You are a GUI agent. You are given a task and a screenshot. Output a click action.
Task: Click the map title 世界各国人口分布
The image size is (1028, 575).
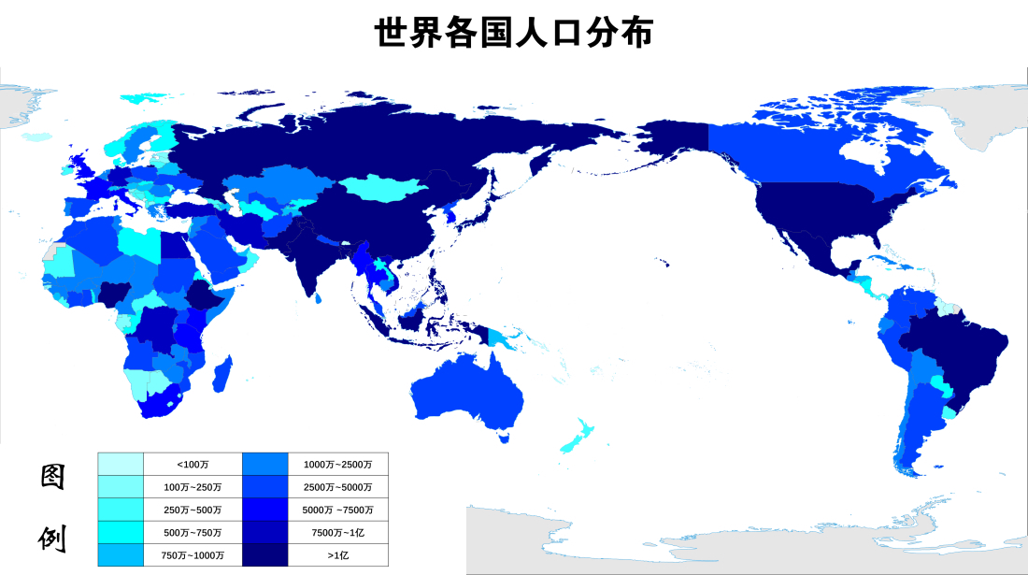coord(513,33)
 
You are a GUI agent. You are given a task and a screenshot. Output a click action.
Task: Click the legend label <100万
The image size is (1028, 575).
coord(193,465)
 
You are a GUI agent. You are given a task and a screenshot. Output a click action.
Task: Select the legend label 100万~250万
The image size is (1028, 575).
coord(193,487)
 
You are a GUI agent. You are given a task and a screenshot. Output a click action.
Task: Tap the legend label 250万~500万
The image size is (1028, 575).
coord(193,510)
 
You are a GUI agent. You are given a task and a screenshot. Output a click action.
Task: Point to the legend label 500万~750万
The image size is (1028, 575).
coord(193,532)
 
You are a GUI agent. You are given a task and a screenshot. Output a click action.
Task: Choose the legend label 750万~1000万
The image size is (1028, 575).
coord(193,554)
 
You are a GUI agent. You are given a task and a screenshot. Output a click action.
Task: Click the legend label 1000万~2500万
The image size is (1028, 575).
coord(337,465)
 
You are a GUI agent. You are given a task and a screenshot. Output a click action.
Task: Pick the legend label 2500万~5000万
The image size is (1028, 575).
coord(337,487)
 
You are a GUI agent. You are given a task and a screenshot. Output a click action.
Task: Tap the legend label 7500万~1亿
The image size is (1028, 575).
coord(337,532)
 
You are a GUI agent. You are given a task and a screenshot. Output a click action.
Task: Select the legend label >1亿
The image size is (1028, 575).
coord(337,554)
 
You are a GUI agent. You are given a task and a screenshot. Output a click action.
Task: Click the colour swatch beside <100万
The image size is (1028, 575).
coord(121,465)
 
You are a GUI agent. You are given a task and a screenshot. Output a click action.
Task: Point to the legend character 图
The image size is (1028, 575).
coord(52,477)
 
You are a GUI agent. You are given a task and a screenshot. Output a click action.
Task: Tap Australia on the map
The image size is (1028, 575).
coord(467,393)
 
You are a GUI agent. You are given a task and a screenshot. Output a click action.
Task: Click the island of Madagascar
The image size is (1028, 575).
coord(222,375)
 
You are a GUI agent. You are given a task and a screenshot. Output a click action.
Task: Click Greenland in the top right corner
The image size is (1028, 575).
coord(981,117)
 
